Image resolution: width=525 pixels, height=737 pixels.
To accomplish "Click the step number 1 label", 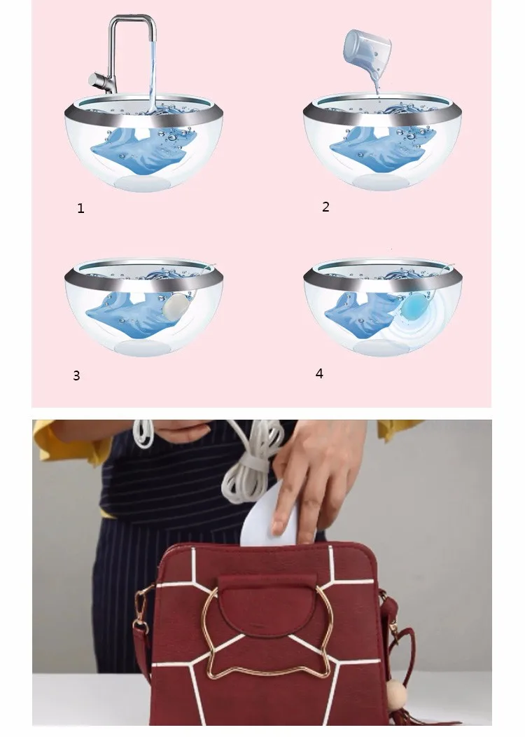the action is (x=80, y=208).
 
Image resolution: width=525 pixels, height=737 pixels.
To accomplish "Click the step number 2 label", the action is (x=326, y=207).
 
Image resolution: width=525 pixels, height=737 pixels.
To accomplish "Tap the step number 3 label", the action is (x=76, y=376).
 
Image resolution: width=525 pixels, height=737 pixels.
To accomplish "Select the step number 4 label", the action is (x=319, y=373).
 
